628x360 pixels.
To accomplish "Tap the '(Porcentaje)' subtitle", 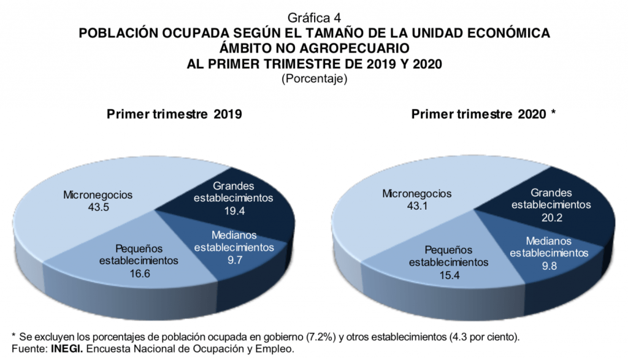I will (314, 79).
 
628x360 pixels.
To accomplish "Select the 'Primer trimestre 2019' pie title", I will (174, 115).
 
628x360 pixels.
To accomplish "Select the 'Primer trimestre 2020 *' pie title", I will (484, 115).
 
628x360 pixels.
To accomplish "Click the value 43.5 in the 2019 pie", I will (98, 207).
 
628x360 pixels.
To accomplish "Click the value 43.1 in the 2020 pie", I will (416, 206).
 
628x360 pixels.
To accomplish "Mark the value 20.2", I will (551, 217).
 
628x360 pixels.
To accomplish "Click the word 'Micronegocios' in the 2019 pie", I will (98, 195).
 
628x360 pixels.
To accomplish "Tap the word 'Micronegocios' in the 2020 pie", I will (416, 194).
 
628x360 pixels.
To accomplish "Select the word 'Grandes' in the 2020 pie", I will (551, 193).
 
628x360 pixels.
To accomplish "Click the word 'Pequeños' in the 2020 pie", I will (448, 250).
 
